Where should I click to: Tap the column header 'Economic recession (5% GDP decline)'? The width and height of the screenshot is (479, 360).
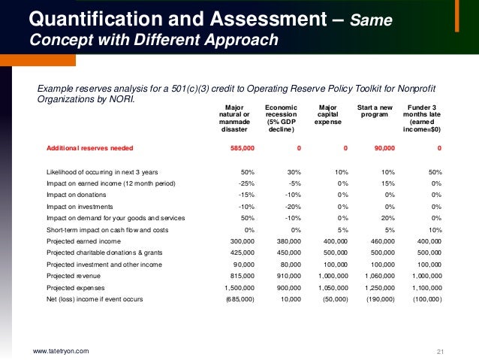click(x=281, y=118)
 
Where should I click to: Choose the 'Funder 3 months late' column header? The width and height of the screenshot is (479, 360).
click(x=422, y=118)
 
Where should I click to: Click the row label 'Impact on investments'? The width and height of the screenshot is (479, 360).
click(x=80, y=206)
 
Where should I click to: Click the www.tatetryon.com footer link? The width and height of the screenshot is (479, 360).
click(x=61, y=351)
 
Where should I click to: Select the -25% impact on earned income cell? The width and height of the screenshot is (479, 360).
click(x=246, y=183)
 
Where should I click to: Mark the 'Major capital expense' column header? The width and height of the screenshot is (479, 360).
click(x=328, y=113)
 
